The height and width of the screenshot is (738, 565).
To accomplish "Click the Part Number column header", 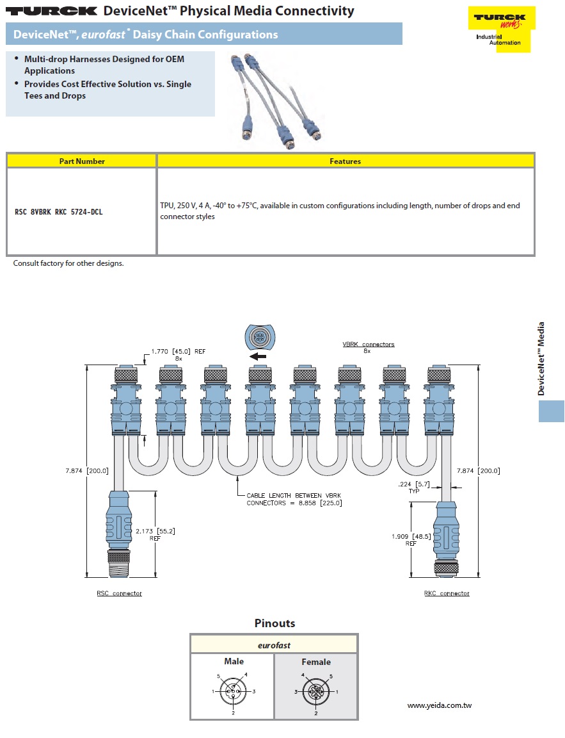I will pos(82,161).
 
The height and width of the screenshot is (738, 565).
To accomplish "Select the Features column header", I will pos(345,161).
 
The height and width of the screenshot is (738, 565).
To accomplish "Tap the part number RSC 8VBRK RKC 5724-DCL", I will pos(58,211).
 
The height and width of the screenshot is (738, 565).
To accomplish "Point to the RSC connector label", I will pos(119,594).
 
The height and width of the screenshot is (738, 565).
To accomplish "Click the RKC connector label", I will pos(446,594).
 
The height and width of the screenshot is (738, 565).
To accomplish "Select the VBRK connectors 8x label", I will pos(368,347).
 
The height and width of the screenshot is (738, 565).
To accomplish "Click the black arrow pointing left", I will pos(258,356).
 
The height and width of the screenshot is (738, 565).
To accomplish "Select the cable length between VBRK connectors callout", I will pos(294,499).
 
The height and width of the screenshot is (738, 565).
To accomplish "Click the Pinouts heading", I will pos(275,623).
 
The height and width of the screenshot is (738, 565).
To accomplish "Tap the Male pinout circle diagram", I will pos(234,692).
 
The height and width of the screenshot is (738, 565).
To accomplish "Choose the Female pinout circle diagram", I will pos(316,693).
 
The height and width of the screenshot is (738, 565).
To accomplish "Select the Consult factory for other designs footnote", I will pos(68,263).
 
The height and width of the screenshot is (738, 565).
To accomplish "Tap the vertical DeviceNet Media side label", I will pos(541,359).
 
